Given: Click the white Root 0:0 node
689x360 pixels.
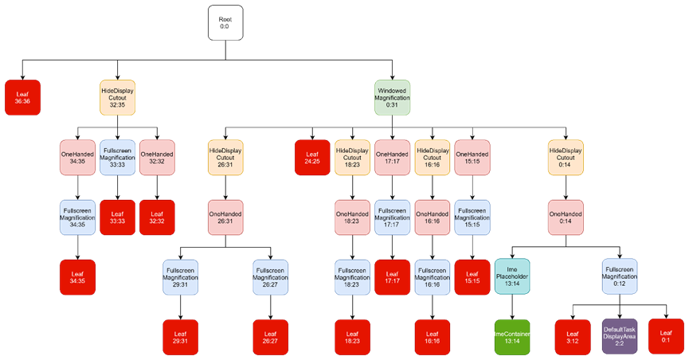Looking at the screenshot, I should [225, 22].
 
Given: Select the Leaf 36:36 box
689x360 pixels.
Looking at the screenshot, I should [22, 97].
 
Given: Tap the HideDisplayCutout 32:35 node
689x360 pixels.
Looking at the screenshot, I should [117, 97].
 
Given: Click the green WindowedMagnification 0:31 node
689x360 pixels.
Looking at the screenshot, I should [392, 97].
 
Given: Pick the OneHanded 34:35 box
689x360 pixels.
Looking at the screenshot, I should [77, 157].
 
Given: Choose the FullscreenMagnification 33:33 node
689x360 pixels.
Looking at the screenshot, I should [117, 157].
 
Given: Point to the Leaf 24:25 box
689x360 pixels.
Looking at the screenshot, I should [312, 157].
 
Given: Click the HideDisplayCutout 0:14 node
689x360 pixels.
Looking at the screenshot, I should [566, 157].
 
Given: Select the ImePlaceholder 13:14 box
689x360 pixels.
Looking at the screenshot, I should [511, 276].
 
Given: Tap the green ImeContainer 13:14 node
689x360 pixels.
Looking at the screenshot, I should [511, 337].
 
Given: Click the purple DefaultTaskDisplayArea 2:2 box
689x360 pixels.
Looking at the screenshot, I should [619, 337].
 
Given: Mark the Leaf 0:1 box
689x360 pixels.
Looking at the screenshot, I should [666, 336].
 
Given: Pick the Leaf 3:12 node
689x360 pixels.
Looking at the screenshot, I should [572, 337].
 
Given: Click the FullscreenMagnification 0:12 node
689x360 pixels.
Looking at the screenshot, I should [619, 276].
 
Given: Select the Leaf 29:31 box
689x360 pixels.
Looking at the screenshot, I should [180, 337].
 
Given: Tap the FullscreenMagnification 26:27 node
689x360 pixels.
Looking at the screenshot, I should [270, 276].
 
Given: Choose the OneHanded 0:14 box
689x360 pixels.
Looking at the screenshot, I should [566, 217].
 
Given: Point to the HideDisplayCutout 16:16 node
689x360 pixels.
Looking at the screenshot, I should [432, 157].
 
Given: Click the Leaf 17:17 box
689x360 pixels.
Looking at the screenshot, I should [392, 276].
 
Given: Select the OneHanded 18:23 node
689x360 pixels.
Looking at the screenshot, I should [352, 217].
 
